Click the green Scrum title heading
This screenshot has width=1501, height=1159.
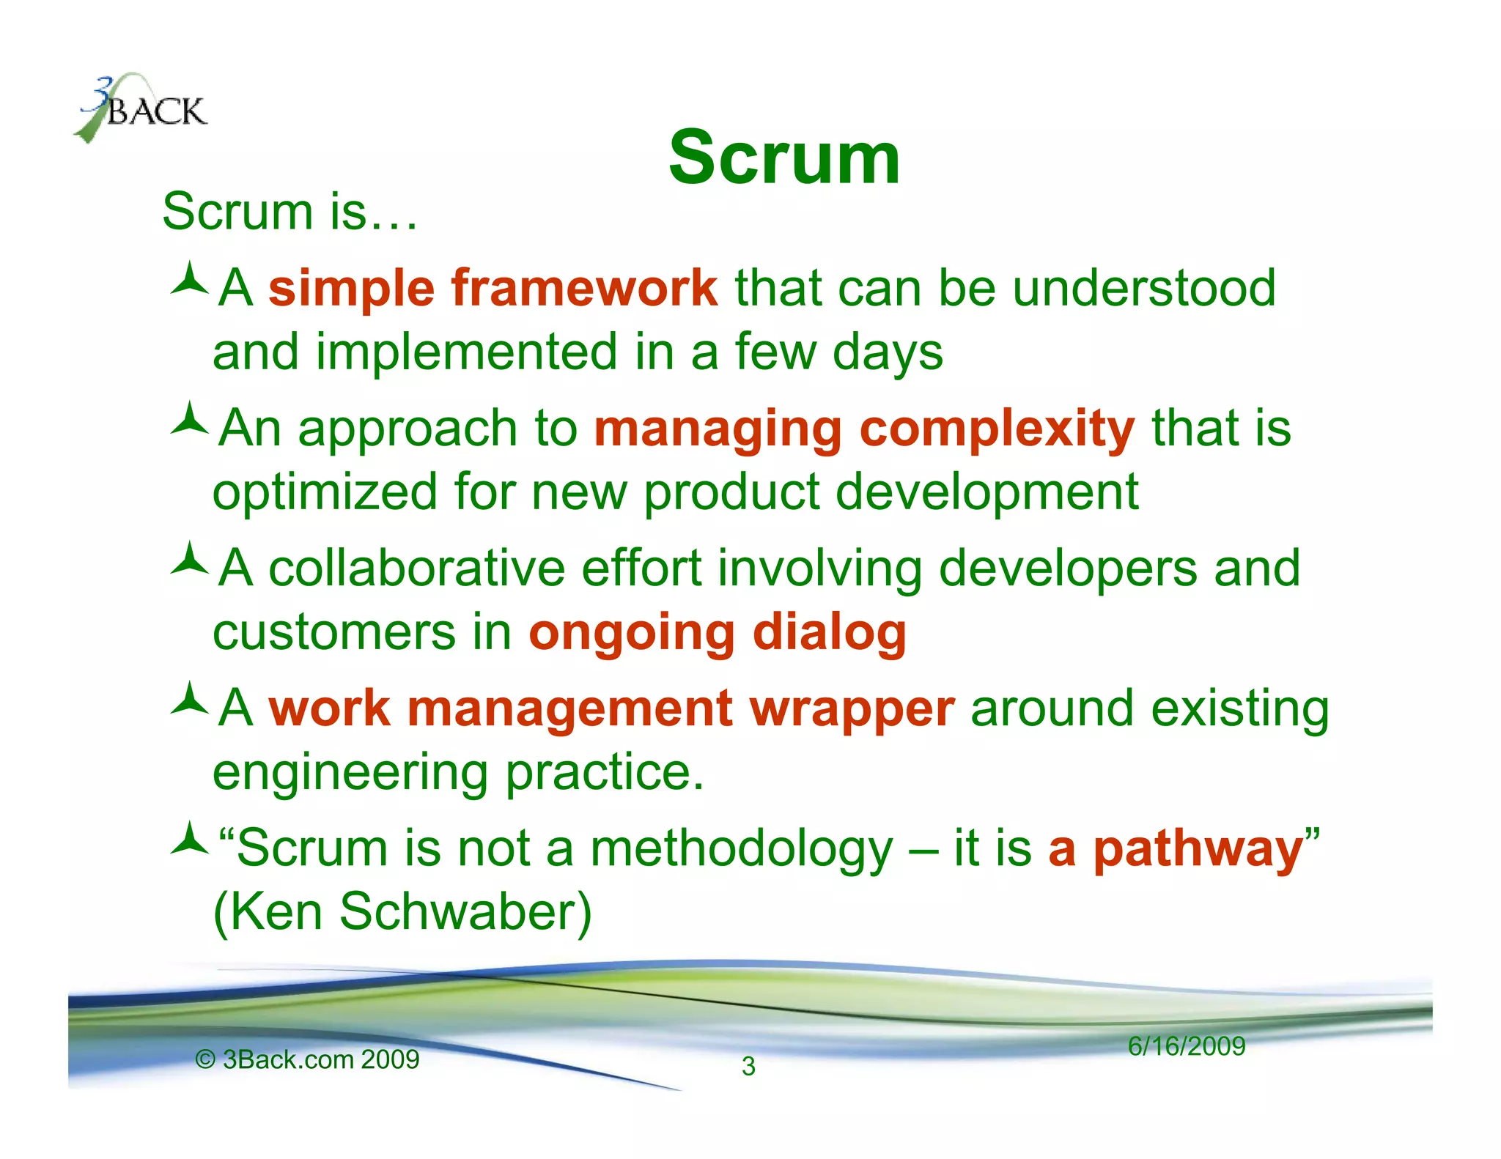click(x=783, y=158)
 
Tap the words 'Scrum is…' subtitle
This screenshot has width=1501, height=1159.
click(x=289, y=212)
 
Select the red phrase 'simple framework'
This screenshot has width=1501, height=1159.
click(x=493, y=288)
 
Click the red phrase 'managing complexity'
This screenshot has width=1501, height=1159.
click(x=864, y=429)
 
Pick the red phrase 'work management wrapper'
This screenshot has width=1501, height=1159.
click(x=611, y=708)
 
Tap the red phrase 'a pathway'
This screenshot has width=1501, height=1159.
click(x=1176, y=849)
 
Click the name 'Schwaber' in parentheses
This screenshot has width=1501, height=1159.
click(x=464, y=912)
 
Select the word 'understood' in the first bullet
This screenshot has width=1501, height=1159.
click(x=1143, y=288)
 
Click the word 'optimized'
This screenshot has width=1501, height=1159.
click(x=324, y=492)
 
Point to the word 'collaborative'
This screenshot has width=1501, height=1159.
click(x=416, y=569)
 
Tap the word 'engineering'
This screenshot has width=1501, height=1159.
click(x=350, y=773)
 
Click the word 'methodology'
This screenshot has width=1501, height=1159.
click(x=741, y=849)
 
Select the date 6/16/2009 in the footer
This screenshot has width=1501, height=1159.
click(x=1186, y=1046)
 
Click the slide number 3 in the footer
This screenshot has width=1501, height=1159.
click(x=748, y=1067)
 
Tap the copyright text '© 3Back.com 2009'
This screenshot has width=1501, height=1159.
click(x=307, y=1059)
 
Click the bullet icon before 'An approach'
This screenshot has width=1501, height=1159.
click(x=190, y=421)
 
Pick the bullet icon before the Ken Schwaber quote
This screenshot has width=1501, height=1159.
click(x=190, y=840)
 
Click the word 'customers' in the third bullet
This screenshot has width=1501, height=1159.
click(x=333, y=632)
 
